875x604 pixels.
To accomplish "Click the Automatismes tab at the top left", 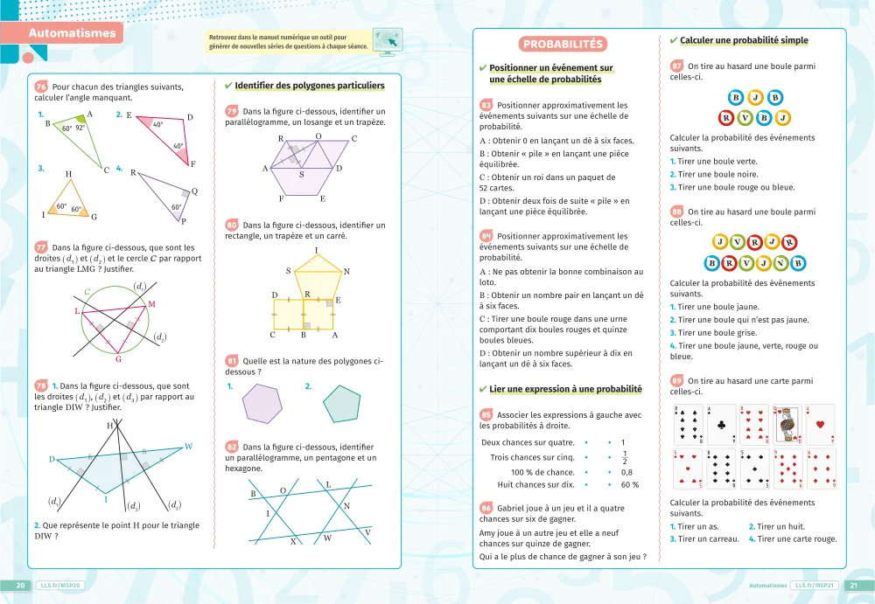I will [x=72, y=34].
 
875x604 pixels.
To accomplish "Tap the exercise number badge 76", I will [x=41, y=87].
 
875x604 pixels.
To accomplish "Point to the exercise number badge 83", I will [x=486, y=106].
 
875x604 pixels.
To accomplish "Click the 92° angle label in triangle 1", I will [x=80, y=128].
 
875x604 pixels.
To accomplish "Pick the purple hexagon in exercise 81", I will [x=261, y=404].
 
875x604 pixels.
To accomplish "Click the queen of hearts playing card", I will [x=787, y=424].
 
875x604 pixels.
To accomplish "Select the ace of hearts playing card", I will [x=820, y=424].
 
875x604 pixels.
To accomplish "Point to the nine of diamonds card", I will [x=787, y=468].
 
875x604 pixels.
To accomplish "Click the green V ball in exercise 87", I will [x=745, y=116].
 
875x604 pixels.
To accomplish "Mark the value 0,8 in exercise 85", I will [x=626, y=472].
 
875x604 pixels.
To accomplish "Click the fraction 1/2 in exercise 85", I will [x=624, y=457].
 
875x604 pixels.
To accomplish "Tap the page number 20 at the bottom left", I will [x=20, y=586].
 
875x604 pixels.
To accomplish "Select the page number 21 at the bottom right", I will [x=855, y=586].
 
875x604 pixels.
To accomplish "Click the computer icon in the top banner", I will [x=386, y=39].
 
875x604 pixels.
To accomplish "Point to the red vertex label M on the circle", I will [x=151, y=304].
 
